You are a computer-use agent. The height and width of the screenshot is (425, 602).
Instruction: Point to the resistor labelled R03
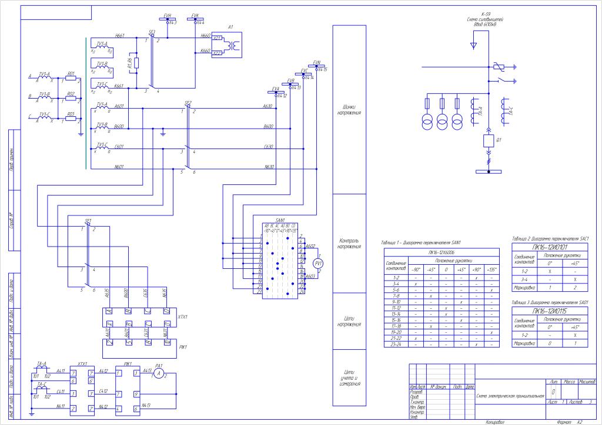tap(71, 118)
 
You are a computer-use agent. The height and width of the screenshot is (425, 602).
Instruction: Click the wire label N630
tap(269, 167)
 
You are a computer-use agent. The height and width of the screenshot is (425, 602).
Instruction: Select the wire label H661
tap(120, 35)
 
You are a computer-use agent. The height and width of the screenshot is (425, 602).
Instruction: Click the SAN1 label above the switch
tap(280, 220)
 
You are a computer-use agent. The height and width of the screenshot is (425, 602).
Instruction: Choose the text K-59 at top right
tap(486, 14)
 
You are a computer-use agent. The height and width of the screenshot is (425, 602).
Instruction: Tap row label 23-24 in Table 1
tap(396, 345)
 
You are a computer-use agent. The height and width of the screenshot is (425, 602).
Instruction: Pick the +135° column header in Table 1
tap(491, 269)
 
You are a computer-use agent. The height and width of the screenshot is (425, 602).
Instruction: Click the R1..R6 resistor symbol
tap(136, 62)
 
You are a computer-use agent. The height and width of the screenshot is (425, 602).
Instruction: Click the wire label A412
tap(103, 371)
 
